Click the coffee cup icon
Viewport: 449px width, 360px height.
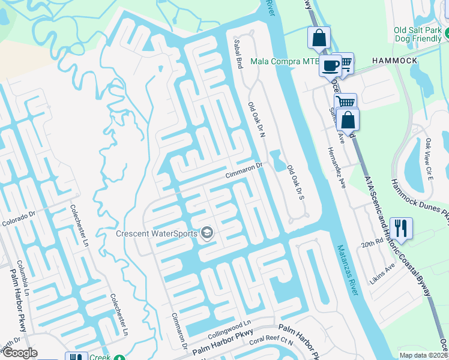pos(330,65)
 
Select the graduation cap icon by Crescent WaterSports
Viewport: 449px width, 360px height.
pos(207,233)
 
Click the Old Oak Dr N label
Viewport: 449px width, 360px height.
pos(256,121)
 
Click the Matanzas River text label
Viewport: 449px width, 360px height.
pos(348,270)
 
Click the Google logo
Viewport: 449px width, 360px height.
pos(19,352)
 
